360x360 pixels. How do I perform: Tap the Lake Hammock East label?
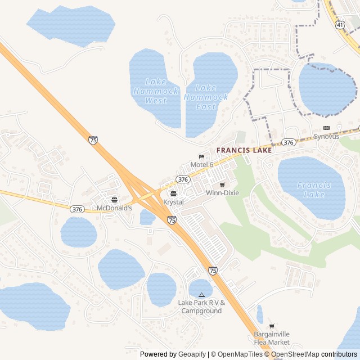pos(206,97)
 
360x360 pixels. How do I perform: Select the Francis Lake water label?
pos(314,190)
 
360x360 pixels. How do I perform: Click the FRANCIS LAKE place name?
pos(244,150)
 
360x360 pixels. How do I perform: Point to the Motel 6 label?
pos(201,164)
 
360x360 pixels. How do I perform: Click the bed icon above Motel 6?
pos(201,156)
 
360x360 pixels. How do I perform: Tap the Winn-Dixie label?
pos(222,193)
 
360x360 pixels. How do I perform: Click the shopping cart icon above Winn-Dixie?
pos(222,185)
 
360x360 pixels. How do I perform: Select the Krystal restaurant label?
pos(173,202)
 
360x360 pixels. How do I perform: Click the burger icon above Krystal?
pos(173,194)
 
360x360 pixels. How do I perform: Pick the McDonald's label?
pos(114,208)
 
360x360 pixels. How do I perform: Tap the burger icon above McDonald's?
pos(114,200)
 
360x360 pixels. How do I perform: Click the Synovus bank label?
pos(326,137)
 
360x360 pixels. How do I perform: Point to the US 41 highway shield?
pos(340,25)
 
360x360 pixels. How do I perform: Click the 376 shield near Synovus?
pos(289,142)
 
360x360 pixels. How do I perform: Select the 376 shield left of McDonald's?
pos(78,209)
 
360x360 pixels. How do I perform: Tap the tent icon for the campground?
pos(201,295)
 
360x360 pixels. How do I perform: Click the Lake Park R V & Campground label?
pos(201,307)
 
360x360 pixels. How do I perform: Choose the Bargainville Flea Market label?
pos(272,338)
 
